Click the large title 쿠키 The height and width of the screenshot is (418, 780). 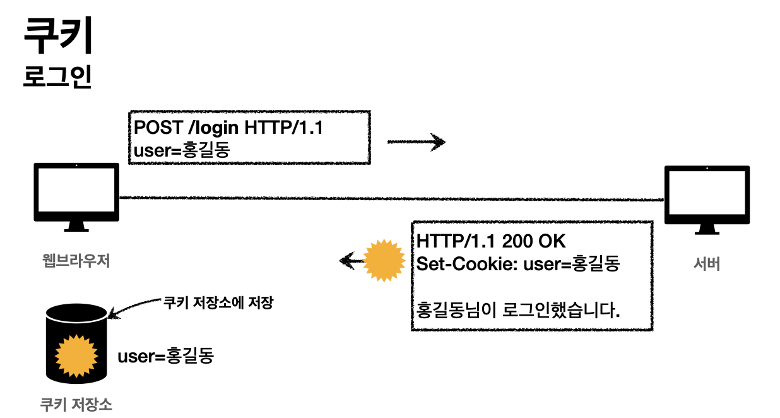coord(58,37)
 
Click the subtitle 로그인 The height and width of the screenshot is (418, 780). coord(57,76)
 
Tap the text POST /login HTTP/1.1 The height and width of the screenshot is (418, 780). coord(228,127)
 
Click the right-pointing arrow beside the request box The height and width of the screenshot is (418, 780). coord(416,142)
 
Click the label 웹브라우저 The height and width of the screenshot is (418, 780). coord(76,260)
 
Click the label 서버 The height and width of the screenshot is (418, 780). coord(706,264)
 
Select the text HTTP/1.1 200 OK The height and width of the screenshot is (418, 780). coord(492,241)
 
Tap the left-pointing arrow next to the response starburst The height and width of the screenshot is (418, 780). coord(351,260)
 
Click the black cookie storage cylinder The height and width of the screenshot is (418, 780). coord(76,344)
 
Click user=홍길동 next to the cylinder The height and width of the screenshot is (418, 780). coord(166,356)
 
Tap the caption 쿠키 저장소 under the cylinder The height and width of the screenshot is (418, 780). coord(76,403)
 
